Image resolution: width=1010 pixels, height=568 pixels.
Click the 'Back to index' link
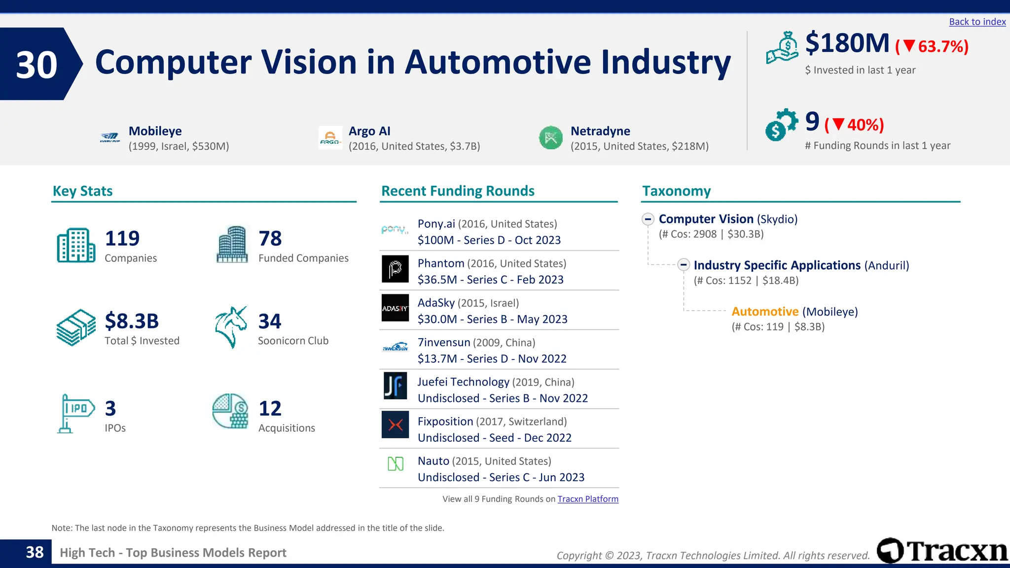[x=977, y=22]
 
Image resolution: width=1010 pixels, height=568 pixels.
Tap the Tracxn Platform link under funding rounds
[x=588, y=499]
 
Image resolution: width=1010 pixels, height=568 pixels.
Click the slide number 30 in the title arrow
[x=36, y=65]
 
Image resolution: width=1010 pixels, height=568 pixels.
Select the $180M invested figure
[x=847, y=43]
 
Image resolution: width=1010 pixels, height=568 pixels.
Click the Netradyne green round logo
[x=551, y=138]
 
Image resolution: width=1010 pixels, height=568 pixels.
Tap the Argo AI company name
[x=369, y=131]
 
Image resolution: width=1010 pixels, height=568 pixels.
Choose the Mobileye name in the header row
[x=155, y=131]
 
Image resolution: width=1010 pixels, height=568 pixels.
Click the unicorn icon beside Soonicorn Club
[x=231, y=327]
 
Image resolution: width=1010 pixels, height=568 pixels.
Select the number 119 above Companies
[x=122, y=239]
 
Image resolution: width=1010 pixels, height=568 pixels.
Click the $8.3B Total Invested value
[x=132, y=321]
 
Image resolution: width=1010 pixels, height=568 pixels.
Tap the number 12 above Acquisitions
[x=270, y=408]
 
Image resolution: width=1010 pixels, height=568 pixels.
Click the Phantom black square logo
[x=395, y=269]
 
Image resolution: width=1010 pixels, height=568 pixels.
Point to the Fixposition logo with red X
[x=395, y=425]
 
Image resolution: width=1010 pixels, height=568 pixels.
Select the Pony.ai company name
[x=436, y=224]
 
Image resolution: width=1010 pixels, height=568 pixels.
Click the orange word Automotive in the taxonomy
[x=765, y=312]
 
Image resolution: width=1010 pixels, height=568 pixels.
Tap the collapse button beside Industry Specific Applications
[x=684, y=265]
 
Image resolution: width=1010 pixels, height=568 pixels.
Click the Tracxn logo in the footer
[x=942, y=551]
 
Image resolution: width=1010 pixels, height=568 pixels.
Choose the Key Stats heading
[x=83, y=191]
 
